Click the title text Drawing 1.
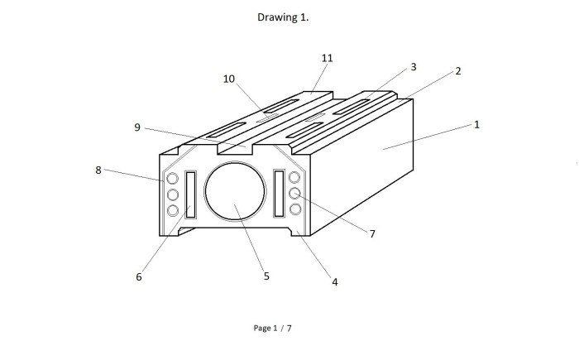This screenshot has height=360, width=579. [x=283, y=17]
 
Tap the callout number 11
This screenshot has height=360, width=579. [x=328, y=58]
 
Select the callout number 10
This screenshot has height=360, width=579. [x=229, y=79]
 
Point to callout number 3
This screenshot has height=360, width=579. [x=414, y=67]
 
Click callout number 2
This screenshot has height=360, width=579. [x=458, y=71]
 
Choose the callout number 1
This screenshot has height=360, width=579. [x=476, y=125]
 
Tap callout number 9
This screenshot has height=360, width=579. [x=137, y=127]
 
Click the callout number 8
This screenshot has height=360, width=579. [x=98, y=170]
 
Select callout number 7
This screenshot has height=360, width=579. [x=372, y=233]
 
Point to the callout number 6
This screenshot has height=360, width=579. [x=139, y=277]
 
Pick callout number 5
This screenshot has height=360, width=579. [x=266, y=276]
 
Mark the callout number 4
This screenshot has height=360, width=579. [x=334, y=282]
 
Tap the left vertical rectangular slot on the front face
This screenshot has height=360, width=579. [x=190, y=194]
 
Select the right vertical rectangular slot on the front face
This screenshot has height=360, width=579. [x=279, y=194]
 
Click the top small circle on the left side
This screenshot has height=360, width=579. [x=172, y=179]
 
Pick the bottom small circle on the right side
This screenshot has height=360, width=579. [x=295, y=209]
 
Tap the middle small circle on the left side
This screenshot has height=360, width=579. [x=172, y=194]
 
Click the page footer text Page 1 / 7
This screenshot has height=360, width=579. [x=272, y=328]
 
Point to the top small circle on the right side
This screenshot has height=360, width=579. [x=294, y=177]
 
